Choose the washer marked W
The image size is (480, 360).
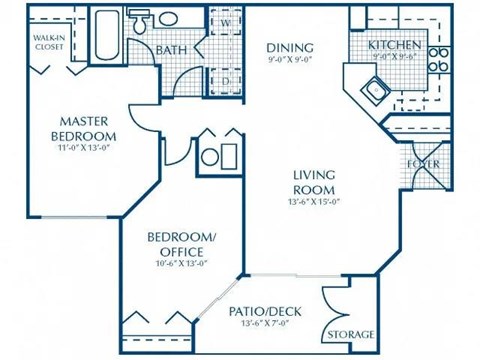[x=226, y=22]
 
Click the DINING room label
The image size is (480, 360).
[x=291, y=47]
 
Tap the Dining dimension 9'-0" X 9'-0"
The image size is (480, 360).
[x=291, y=59]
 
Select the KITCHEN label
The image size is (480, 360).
[x=391, y=45]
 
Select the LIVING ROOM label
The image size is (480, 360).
[x=313, y=182]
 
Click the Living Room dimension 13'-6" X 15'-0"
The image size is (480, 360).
[x=313, y=201]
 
